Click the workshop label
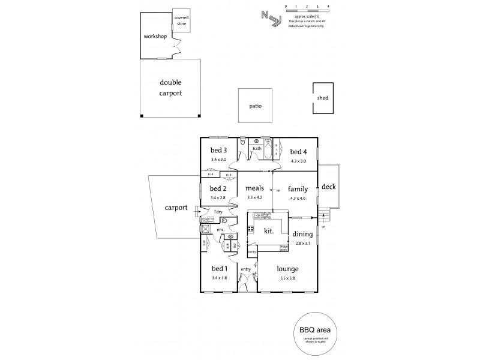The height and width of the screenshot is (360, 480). [154, 36]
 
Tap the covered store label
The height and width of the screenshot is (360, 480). [181, 21]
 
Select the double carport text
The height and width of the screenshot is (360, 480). [170, 88]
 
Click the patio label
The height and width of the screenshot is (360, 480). [257, 106]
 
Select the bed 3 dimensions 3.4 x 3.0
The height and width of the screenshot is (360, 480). [218, 160]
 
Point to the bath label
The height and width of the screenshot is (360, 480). [257, 148]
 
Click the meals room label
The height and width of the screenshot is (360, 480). [254, 188]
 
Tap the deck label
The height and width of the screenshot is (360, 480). [329, 187]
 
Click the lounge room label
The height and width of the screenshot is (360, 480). [288, 269]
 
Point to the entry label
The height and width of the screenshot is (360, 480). [245, 269]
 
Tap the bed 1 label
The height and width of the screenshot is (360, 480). [218, 269]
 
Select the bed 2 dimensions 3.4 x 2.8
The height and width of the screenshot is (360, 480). [218, 197]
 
